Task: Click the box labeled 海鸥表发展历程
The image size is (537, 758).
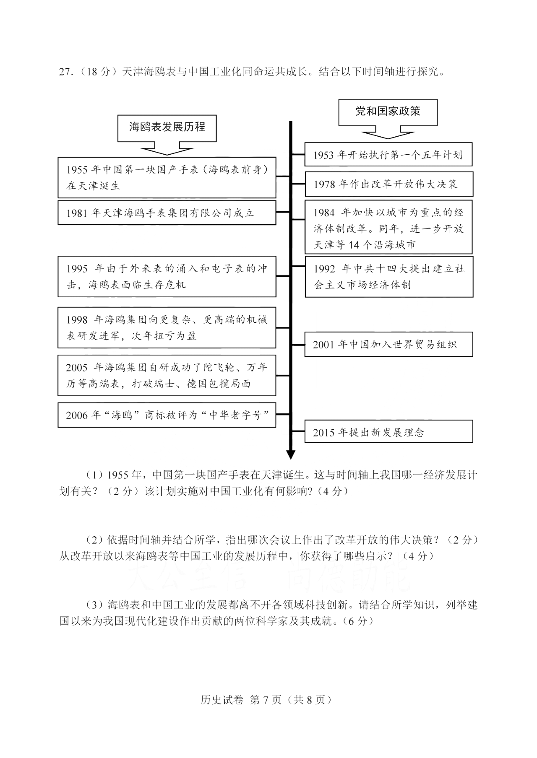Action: pyautogui.click(x=167, y=127)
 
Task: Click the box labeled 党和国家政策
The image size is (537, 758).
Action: pyautogui.click(x=388, y=112)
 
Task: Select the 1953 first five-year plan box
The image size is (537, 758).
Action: pyautogui.click(x=388, y=155)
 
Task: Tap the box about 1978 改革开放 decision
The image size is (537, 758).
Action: pyautogui.click(x=388, y=184)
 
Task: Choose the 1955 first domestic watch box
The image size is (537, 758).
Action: pyautogui.click(x=167, y=177)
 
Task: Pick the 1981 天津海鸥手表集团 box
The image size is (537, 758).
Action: pyautogui.click(x=167, y=213)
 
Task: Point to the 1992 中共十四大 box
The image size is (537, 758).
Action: pyautogui.click(x=389, y=277)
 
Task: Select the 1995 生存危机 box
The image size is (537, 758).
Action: pyautogui.click(x=167, y=277)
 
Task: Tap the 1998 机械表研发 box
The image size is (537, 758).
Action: pyautogui.click(x=167, y=327)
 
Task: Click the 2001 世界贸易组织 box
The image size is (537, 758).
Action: pyautogui.click(x=388, y=345)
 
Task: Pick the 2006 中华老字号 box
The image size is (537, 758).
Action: pyautogui.click(x=167, y=415)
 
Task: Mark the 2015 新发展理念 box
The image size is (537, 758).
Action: pyautogui.click(x=388, y=432)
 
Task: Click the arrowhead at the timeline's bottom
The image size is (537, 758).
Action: pyautogui.click(x=290, y=454)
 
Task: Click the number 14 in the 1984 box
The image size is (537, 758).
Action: pyautogui.click(x=354, y=245)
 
